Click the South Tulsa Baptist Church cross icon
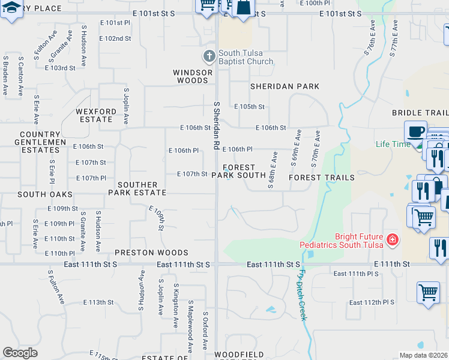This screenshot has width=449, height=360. pyautogui.click(x=209, y=57)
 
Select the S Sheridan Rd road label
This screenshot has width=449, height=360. pyautogui.click(x=217, y=125)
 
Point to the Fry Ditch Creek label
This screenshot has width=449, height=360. pyautogui.click(x=300, y=294)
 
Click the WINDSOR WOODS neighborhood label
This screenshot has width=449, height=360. pyautogui.click(x=193, y=76)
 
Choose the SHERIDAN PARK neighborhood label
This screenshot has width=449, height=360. pyautogui.click(x=285, y=86)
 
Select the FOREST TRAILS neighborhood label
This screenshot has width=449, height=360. pyautogui.click(x=321, y=178)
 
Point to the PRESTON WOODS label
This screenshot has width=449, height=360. pyautogui.click(x=151, y=253)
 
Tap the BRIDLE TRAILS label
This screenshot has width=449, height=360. pyautogui.click(x=420, y=113)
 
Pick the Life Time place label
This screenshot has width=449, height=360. pyautogui.click(x=393, y=144)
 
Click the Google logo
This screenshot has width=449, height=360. pyautogui.click(x=20, y=353)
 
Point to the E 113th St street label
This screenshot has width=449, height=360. pyautogui.click(x=98, y=302)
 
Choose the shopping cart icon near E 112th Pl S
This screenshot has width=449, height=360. pyautogui.click(x=427, y=293)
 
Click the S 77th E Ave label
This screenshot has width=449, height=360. pyautogui.click(x=394, y=37)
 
